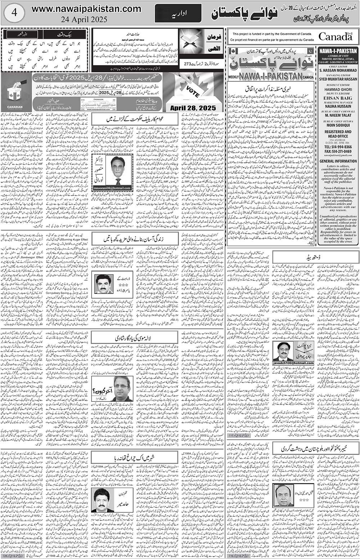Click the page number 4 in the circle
pos(13,13)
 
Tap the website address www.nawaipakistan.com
pos(86,9)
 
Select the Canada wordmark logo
pos(335,36)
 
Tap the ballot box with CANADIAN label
pos(15,93)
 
